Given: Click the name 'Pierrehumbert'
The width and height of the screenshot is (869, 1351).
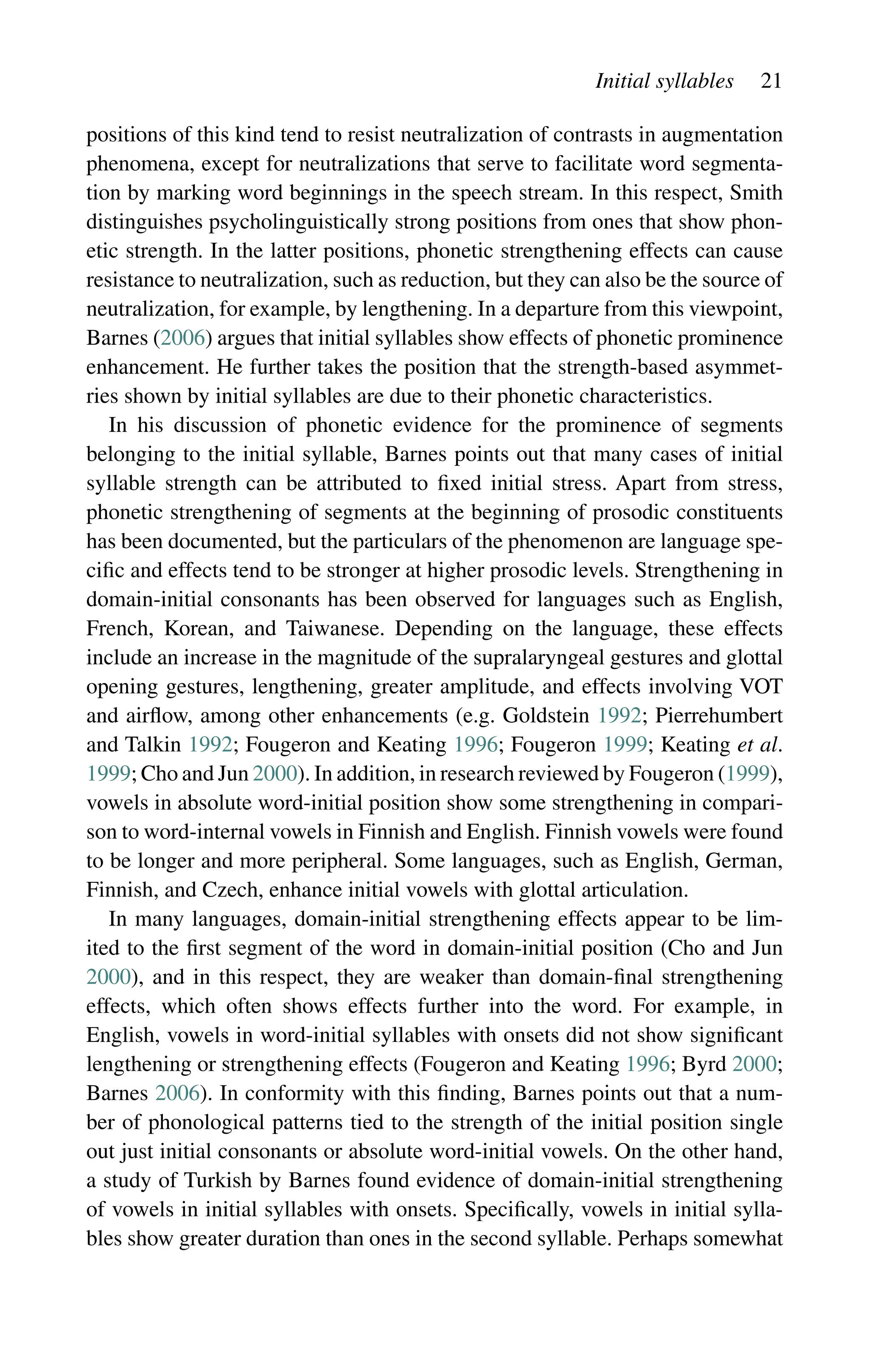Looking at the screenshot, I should (719, 715).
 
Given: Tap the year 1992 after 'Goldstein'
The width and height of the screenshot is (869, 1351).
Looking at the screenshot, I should (619, 715).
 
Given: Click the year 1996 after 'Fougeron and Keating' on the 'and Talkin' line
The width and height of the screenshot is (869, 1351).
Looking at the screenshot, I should (475, 744).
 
